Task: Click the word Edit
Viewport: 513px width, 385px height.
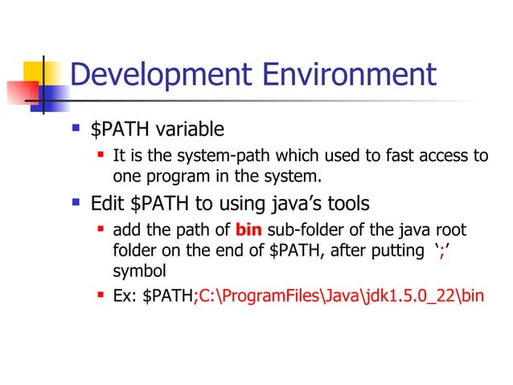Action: point(108,202)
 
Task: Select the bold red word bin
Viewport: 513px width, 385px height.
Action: point(248,230)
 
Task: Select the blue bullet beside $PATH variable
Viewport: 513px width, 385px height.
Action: point(76,128)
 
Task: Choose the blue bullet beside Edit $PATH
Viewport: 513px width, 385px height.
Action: point(76,201)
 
